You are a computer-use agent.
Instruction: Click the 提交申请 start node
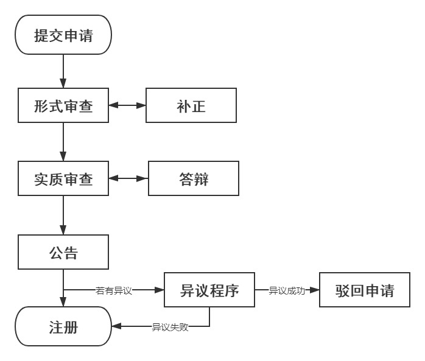63,35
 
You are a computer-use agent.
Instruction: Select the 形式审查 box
63,106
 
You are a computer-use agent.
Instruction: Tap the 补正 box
191,106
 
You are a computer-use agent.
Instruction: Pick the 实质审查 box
63,179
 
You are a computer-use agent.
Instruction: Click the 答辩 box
194,179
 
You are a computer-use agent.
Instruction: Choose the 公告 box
63,251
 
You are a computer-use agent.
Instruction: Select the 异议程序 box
209,290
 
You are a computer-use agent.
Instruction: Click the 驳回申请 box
364,290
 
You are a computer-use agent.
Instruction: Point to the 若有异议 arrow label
114,290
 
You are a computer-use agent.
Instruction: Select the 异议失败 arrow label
170,328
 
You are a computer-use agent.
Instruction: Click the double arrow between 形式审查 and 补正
127,106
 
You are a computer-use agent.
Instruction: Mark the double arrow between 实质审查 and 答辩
128,179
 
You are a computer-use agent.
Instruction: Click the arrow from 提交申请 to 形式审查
63,71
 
